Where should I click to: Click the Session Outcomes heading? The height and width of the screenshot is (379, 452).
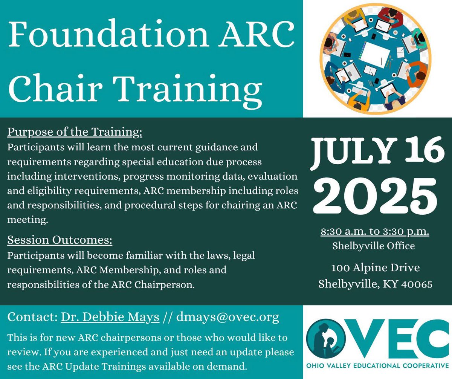tap(60, 240)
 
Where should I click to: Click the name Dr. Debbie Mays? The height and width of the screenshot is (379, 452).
tap(110, 317)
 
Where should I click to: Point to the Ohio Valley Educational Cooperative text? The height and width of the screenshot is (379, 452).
tap(378, 365)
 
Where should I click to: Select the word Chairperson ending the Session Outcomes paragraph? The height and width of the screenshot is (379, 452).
tap(171, 285)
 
